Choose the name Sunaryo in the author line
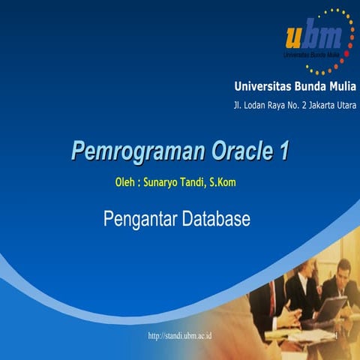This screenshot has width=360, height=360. click(166, 181)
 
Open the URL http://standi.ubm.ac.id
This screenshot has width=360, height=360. click(180, 334)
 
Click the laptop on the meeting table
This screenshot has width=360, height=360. click(330, 307)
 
